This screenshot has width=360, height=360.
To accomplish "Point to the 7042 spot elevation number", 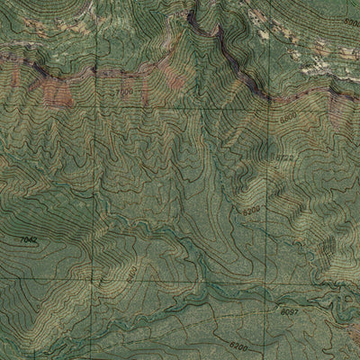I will click(x=30, y=239).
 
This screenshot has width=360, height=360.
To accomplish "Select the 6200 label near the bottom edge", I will click(x=237, y=345).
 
